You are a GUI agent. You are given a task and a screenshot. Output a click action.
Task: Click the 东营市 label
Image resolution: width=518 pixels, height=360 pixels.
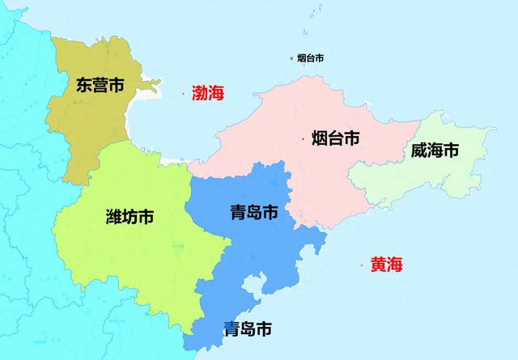[x=100, y=85]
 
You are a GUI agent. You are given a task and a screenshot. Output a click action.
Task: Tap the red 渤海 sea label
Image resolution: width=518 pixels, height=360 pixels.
[x=208, y=93]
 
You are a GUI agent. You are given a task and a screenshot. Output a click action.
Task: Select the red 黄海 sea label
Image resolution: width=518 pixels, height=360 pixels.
[x=386, y=265]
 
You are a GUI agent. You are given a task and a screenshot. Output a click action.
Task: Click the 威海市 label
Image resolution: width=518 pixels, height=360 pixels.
[x=435, y=150]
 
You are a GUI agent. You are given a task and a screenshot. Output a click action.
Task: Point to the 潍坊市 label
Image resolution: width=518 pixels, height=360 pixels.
[x=130, y=217]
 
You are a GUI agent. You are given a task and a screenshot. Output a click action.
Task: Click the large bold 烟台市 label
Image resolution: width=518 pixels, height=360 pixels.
[x=335, y=138]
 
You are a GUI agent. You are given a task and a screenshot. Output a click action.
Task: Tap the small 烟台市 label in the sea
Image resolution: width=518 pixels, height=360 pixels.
[x=311, y=58]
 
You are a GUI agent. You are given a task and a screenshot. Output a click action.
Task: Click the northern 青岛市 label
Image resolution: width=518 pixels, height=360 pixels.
[x=253, y=213]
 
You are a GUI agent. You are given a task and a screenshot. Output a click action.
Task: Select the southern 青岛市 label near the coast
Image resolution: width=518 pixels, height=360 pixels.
[x=248, y=329]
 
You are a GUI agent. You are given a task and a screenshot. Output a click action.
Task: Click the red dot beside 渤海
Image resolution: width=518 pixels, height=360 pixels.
[x=184, y=94]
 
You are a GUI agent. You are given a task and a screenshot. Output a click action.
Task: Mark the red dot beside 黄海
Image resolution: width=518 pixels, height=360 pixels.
[x=361, y=265]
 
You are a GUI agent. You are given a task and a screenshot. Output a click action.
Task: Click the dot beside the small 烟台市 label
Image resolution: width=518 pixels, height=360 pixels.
[x=292, y=58]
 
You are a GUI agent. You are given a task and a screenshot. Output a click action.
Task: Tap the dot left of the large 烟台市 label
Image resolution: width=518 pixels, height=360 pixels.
[x=304, y=139]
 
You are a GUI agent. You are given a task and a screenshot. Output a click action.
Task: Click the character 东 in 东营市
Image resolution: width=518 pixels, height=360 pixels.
[x=85, y=85]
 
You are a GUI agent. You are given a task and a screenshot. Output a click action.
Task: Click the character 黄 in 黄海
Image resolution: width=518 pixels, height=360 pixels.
[x=378, y=265]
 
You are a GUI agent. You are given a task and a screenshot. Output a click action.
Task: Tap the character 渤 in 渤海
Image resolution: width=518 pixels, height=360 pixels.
[x=200, y=93]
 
